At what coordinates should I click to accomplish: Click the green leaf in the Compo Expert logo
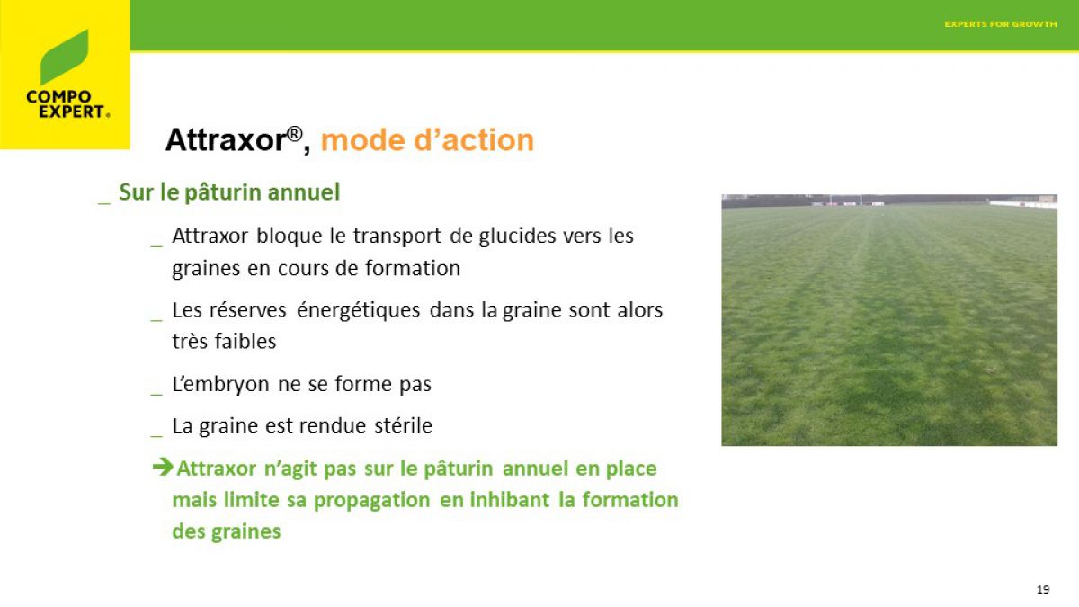point(65,57)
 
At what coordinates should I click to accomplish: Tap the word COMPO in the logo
point(58,97)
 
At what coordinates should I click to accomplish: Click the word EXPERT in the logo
point(72,112)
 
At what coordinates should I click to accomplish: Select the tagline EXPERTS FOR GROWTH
point(1001,24)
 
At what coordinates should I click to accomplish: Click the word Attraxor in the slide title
point(227,140)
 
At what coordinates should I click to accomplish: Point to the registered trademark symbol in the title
point(295,133)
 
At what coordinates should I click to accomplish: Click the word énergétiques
point(358,309)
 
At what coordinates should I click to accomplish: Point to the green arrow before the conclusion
point(163,467)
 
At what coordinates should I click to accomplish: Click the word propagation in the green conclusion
point(371,501)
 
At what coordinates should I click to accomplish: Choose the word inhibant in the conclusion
point(509,500)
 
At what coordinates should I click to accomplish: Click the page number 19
point(1043,589)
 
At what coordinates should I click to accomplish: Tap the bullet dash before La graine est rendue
point(156,436)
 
